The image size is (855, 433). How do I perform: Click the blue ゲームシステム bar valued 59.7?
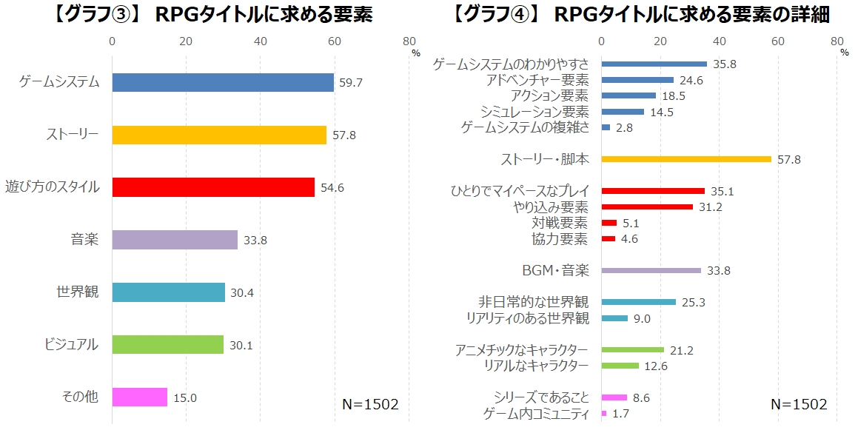223,82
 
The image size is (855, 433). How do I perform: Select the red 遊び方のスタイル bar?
213,187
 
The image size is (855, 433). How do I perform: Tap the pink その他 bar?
139,397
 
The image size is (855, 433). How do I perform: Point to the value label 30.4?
242,292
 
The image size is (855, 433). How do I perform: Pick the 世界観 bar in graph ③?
168,292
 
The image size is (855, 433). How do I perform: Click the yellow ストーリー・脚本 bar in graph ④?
686,159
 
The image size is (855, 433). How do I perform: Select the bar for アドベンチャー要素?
637,80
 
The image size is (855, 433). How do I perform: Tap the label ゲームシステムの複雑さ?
525,127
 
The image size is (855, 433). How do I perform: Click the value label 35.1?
722,191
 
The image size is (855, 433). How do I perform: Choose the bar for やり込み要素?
647,207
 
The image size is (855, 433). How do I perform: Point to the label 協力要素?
560,238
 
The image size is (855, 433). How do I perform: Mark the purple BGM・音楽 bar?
651,270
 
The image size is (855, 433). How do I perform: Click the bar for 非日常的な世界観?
639,302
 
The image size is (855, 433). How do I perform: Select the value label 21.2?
682,350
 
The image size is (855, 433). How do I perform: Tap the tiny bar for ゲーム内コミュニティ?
604,413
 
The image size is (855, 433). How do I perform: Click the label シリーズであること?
541,397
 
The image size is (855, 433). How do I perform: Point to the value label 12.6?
656,366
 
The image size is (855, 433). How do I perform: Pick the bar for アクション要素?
628,95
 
